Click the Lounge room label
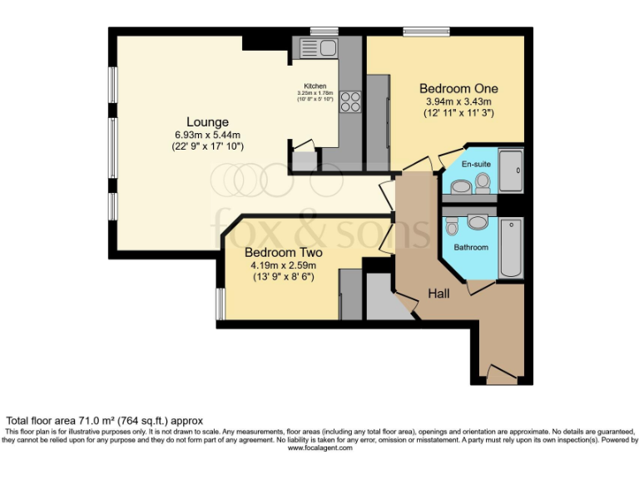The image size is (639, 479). [207, 122]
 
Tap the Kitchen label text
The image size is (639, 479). [315, 86]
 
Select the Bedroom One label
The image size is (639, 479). [458, 88]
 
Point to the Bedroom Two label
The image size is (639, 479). [283, 253]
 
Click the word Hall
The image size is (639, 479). [440, 294]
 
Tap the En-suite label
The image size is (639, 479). [476, 165]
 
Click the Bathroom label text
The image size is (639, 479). [471, 247]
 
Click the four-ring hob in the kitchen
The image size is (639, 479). [350, 101]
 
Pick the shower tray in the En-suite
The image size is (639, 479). [510, 171]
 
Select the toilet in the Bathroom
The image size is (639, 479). [452, 226]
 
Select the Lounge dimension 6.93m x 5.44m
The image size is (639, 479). [207, 136]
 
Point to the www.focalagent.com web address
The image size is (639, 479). [319, 448]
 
